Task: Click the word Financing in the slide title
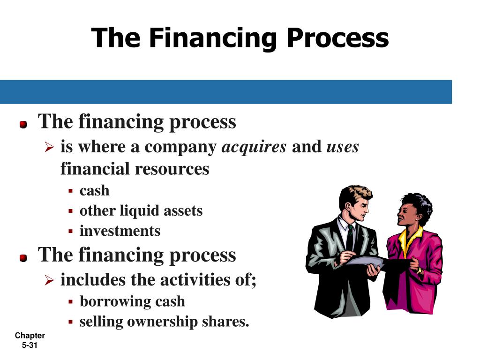[211, 38]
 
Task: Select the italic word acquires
[254, 147]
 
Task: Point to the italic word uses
[343, 147]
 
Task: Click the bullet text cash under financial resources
[94, 190]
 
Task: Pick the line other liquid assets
[141, 210]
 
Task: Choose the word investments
[120, 231]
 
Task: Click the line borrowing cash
[132, 301]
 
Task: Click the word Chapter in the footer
[30, 336]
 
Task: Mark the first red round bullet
[23, 125]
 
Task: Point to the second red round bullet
[23, 258]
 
